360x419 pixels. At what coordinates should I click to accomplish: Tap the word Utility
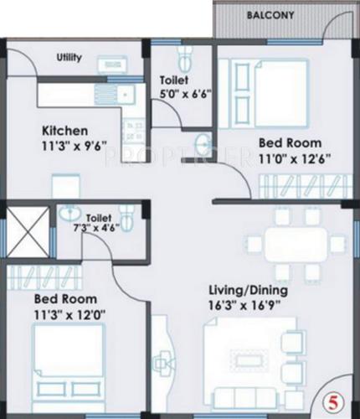click(69, 58)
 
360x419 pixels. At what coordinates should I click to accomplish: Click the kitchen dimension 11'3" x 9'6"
click(65, 147)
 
